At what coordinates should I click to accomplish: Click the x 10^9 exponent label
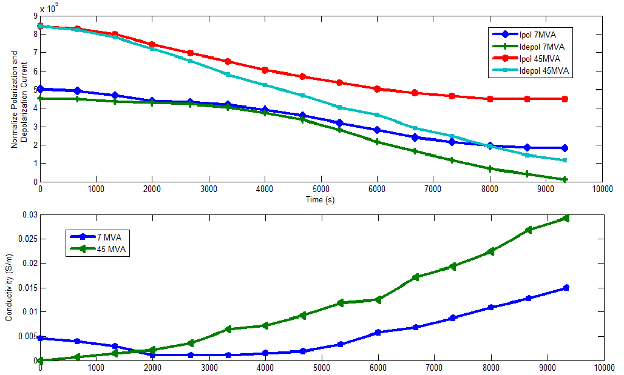click(50, 9)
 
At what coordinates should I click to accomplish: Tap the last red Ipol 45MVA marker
click(565, 99)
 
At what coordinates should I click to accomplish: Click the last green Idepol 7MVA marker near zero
click(565, 179)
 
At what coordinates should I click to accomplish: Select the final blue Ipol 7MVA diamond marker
click(565, 148)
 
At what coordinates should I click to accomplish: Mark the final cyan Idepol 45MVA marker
click(565, 161)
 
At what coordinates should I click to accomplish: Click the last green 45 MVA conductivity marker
click(565, 218)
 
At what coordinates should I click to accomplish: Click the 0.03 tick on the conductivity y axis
click(29, 214)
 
